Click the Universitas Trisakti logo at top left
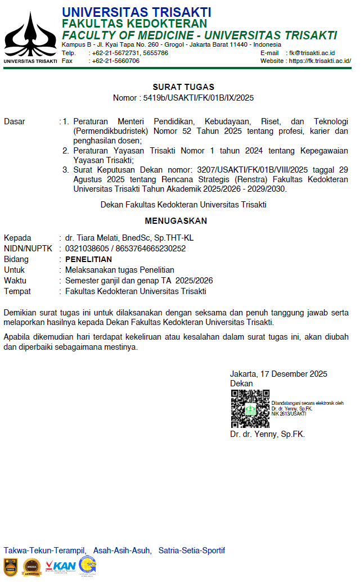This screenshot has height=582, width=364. point(30,35)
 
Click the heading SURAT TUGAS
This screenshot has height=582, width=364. point(183,87)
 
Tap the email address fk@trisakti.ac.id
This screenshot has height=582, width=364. point(312,53)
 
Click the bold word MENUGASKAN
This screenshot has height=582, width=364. point(176,221)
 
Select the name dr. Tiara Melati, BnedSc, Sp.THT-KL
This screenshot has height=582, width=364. point(129,238)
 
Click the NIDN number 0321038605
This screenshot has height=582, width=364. point(87,249)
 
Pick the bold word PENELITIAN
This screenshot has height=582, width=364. point(88,259)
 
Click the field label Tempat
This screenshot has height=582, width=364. point(17,291)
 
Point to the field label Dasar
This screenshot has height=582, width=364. point(15,121)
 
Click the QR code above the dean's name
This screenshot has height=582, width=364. point(250,409)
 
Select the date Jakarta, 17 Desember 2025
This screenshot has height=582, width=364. point(278,374)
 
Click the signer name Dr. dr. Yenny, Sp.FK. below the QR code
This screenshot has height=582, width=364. point(267,434)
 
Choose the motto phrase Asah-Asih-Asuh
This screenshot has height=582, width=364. point(122,551)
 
